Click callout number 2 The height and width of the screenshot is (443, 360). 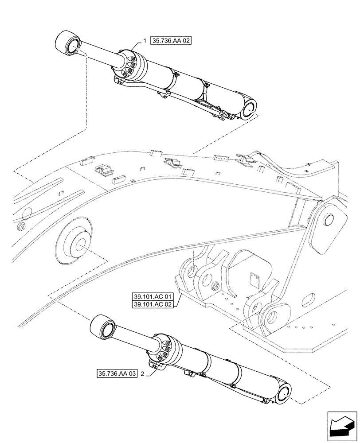[x=142, y=374]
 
